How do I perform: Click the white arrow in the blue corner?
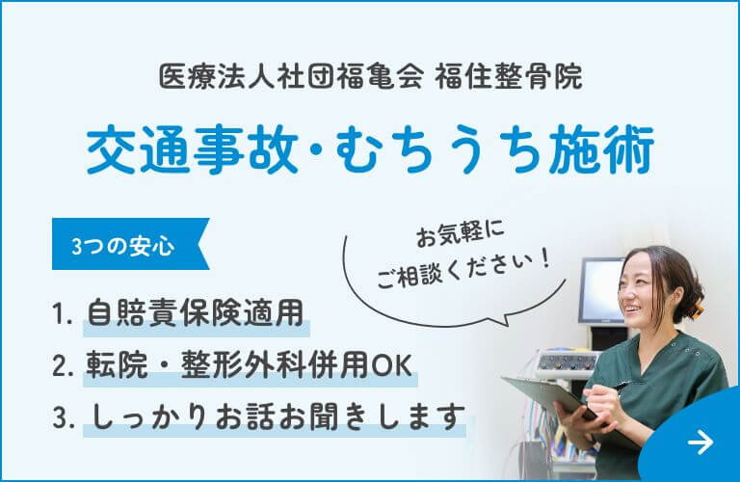pyautogui.click(x=700, y=442)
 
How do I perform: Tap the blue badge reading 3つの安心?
pyautogui.click(x=122, y=246)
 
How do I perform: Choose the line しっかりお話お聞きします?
pyautogui.click(x=274, y=417)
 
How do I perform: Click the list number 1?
pyautogui.click(x=63, y=313)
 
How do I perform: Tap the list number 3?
pyautogui.click(x=64, y=418)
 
